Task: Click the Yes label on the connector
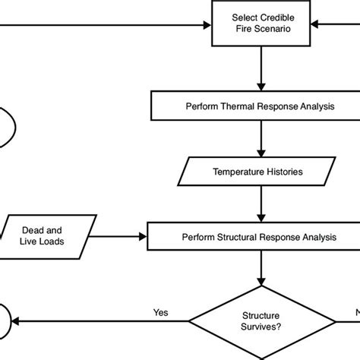point(160,311)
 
